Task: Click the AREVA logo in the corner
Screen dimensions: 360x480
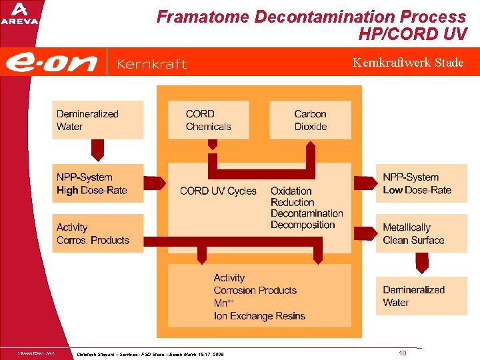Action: [x=19, y=13]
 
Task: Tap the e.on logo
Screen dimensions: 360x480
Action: [x=51, y=63]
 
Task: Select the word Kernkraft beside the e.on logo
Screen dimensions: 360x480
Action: [x=151, y=64]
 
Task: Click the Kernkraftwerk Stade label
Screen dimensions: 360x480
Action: [x=408, y=63]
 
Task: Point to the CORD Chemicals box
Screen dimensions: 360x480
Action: [x=208, y=120]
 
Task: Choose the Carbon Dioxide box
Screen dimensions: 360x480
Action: [x=310, y=120]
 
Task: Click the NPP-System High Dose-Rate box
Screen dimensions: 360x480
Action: [x=97, y=183]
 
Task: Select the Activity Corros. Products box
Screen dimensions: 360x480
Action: [x=97, y=233]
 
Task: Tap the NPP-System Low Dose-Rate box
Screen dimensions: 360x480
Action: [x=421, y=183]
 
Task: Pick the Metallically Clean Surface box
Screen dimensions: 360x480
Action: [x=421, y=233]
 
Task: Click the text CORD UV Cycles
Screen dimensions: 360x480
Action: [x=218, y=191]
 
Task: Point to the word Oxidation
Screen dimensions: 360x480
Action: [x=291, y=191]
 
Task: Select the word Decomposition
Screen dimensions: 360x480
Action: [x=303, y=225]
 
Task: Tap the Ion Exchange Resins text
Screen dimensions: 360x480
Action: [x=259, y=316]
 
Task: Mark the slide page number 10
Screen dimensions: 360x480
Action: [x=403, y=353]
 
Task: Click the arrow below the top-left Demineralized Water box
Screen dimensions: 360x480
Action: [x=97, y=150]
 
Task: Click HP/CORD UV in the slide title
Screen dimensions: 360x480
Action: [x=411, y=33]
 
